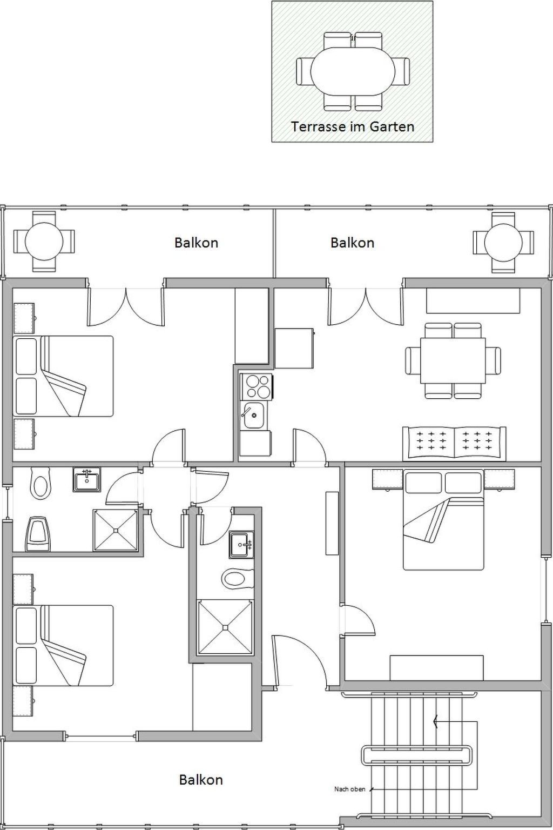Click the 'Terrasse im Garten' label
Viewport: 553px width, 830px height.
352,127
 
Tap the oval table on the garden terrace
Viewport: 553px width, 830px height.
353,71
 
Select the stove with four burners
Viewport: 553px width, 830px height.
257,386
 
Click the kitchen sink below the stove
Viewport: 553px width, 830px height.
252,415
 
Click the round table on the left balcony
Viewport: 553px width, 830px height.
44,241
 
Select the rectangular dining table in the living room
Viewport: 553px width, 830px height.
453,360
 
